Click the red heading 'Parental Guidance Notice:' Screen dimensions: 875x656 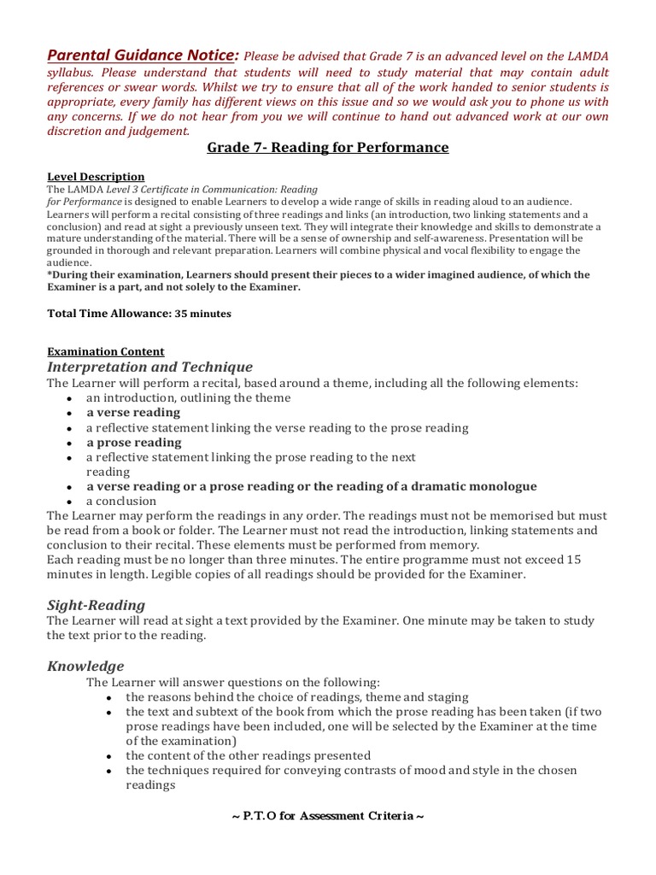pyautogui.click(x=143, y=55)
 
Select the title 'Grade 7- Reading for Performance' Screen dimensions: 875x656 pyautogui.click(x=328, y=148)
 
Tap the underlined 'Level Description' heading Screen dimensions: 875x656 pyautogui.click(x=96, y=177)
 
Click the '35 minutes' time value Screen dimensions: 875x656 pyautogui.click(x=203, y=314)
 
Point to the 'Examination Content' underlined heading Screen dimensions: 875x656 pyautogui.click(x=106, y=351)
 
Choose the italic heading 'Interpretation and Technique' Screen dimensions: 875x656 pyautogui.click(x=150, y=367)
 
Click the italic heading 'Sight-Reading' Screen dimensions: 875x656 pyautogui.click(x=96, y=605)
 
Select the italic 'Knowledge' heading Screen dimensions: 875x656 pyautogui.click(x=85, y=667)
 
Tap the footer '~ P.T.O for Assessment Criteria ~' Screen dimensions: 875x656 pyautogui.click(x=328, y=815)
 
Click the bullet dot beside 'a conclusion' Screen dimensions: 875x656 pyautogui.click(x=68, y=502)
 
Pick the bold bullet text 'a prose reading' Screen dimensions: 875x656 pyautogui.click(x=134, y=443)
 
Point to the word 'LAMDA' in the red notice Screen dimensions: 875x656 pyautogui.click(x=586, y=56)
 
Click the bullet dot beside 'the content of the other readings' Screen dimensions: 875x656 pyautogui.click(x=108, y=757)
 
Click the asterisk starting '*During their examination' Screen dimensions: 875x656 pyautogui.click(x=50, y=274)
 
